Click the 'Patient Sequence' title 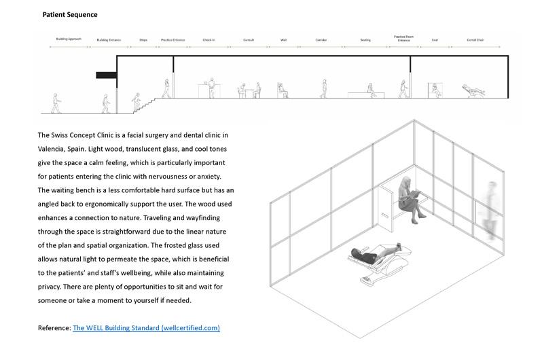[70, 14]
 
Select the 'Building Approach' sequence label [69, 40]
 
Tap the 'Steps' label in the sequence [143, 40]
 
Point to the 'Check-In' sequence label [209, 40]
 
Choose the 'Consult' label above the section [249, 40]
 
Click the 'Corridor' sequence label [321, 40]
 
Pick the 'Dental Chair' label [475, 40]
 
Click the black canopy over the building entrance [106, 74]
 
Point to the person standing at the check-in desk [211, 88]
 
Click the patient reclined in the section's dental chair [471, 89]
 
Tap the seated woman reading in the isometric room [409, 198]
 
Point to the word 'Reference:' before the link [54, 328]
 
